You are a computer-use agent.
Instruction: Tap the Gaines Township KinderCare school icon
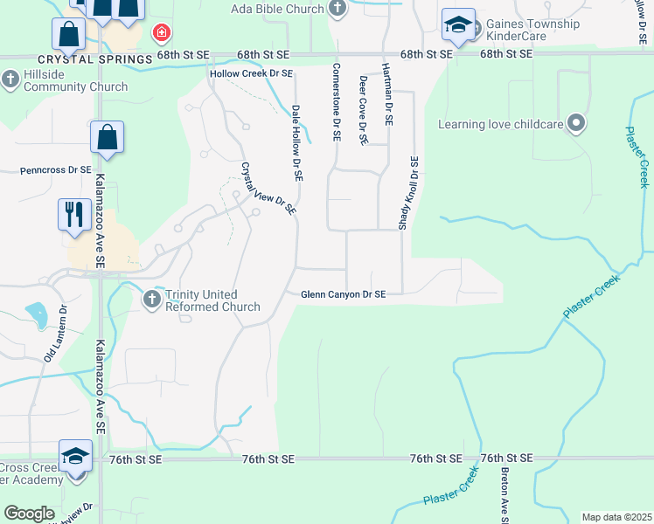(457, 25)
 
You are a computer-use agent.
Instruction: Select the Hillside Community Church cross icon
(10, 80)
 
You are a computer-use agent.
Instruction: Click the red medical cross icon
(161, 34)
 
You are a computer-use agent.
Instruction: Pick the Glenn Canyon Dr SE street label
(344, 295)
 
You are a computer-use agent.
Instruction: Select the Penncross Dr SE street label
(55, 169)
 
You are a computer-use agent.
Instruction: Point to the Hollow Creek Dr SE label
(251, 73)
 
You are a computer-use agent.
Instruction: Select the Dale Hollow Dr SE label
(297, 143)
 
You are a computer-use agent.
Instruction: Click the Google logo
(29, 514)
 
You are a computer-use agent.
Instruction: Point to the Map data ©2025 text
(616, 517)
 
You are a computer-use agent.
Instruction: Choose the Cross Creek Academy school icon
(75, 457)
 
